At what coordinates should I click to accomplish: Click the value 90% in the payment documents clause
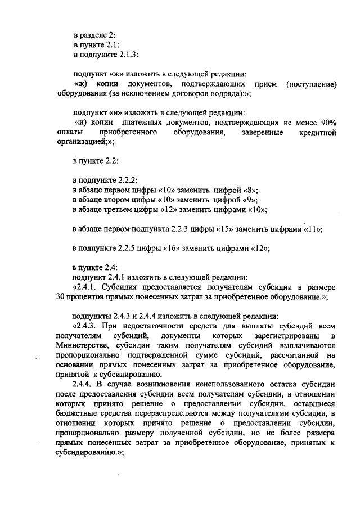click(x=325, y=123)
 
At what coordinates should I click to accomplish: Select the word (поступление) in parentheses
click(x=311, y=84)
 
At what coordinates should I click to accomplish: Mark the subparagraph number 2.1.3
click(x=127, y=55)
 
